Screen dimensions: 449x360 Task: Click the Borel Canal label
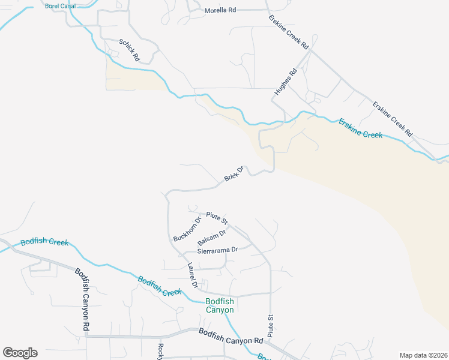point(59,6)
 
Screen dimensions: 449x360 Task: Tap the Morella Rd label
point(221,11)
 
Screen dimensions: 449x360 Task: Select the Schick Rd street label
point(129,50)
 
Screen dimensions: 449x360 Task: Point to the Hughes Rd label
point(286,82)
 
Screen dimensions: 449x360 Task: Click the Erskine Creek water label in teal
point(360,128)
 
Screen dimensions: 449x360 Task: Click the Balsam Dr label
point(211,237)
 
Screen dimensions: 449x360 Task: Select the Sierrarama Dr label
point(217,249)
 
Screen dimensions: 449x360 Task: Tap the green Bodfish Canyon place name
point(220,305)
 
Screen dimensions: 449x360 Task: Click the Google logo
point(20,353)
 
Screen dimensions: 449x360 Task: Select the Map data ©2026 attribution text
point(423,355)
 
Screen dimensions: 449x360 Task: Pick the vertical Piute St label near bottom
point(271,325)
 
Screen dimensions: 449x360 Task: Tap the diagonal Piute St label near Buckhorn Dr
point(216,217)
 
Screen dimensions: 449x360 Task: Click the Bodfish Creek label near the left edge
point(44,242)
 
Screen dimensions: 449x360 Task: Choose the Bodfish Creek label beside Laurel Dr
point(160,286)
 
